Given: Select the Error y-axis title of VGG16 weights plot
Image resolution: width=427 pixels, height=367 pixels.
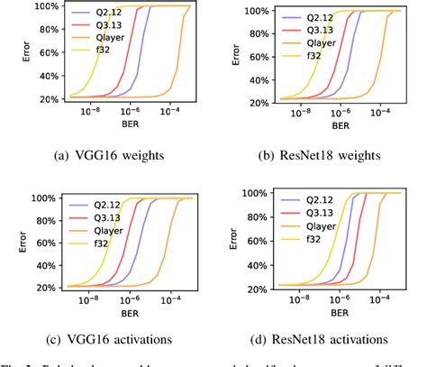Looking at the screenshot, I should pos(12,52).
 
